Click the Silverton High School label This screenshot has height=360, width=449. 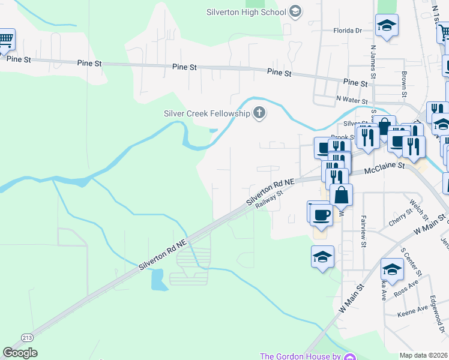(246, 11)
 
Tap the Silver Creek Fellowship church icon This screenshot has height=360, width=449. (259, 112)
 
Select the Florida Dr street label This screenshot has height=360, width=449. (348, 30)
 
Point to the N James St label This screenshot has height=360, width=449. (373, 61)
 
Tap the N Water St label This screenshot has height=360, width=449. (351, 98)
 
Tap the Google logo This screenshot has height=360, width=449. (20, 353)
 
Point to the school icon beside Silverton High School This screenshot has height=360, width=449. (295, 11)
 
